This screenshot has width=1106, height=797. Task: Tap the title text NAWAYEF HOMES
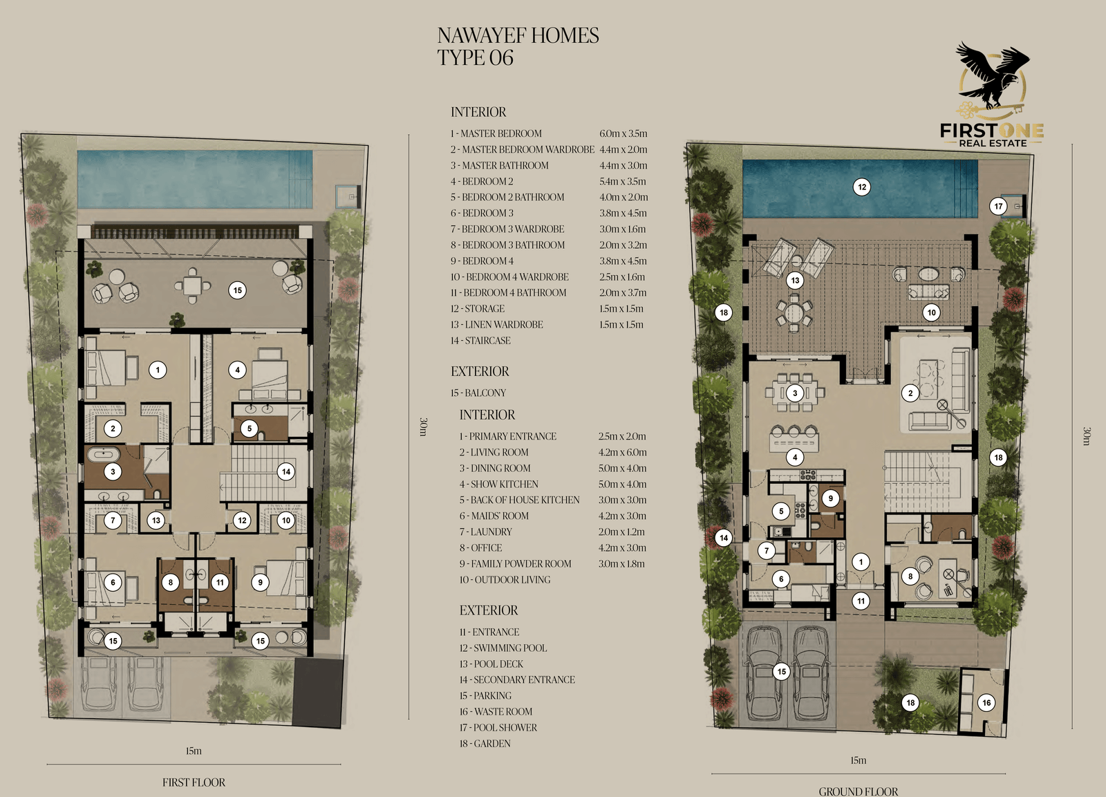tap(518, 35)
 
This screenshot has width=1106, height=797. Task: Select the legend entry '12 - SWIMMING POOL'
tap(503, 648)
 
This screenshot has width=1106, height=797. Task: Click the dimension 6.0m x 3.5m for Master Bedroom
tap(623, 133)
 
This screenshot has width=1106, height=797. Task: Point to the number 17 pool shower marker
tap(998, 206)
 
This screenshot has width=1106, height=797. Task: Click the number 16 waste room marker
tap(986, 703)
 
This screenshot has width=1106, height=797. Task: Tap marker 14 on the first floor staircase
tap(286, 471)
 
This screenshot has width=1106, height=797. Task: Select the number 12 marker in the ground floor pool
tap(861, 187)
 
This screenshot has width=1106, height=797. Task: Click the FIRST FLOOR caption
tap(194, 782)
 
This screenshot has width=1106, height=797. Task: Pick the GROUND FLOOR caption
tap(858, 791)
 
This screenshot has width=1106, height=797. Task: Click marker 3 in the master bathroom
tap(113, 471)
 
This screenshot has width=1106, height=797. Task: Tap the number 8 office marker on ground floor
tap(910, 576)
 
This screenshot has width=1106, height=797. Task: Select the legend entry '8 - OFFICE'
tap(480, 547)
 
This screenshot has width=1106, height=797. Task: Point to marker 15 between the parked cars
tap(781, 672)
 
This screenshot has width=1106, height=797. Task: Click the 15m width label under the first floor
tap(194, 751)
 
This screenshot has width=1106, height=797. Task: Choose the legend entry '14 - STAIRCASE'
tap(480, 340)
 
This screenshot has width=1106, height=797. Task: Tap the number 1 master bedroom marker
tap(158, 370)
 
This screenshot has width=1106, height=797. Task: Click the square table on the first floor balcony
tap(193, 285)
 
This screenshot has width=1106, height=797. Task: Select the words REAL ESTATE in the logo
tap(993, 143)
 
